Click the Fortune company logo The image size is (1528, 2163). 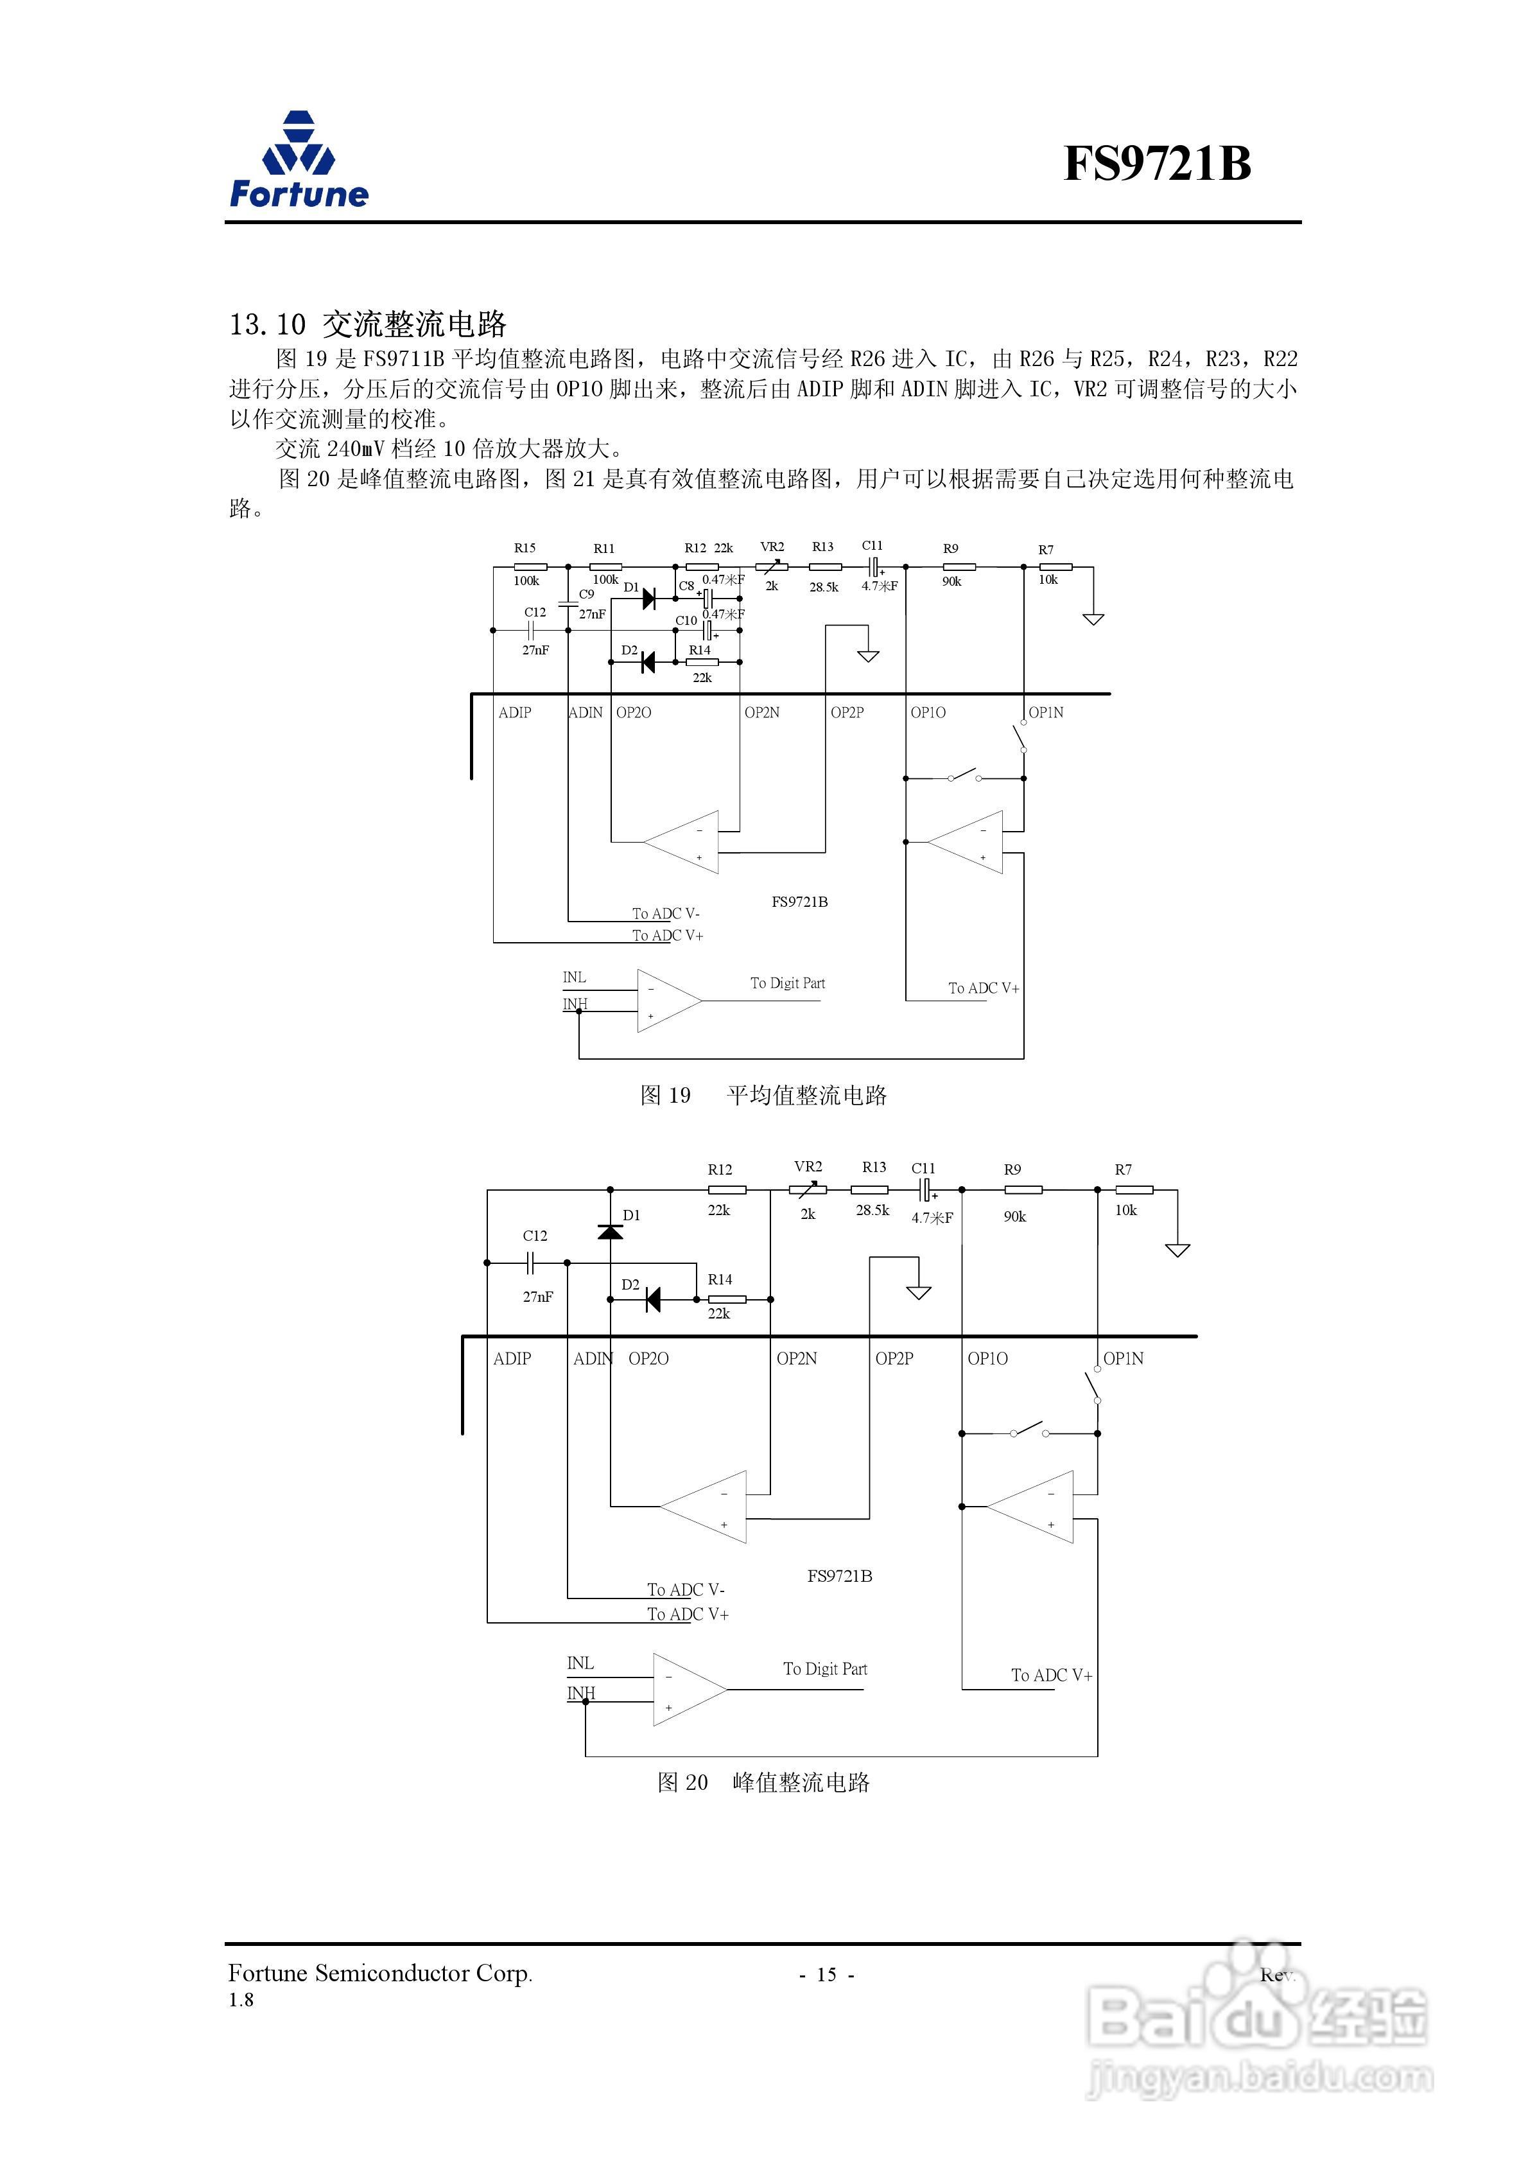coord(299,160)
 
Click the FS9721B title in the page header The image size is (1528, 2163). coord(1157,164)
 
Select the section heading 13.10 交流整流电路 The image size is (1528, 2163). coord(367,324)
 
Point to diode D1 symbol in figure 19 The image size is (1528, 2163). coord(648,597)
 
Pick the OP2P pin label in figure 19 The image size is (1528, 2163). coord(847,712)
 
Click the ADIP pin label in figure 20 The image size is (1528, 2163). coord(512,1358)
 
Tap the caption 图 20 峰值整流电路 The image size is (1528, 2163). coord(763,1782)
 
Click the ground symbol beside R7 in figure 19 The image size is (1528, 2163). coord(1093,619)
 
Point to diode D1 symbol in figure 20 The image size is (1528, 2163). coord(611,1231)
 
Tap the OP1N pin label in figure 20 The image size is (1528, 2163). coord(1123,1358)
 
